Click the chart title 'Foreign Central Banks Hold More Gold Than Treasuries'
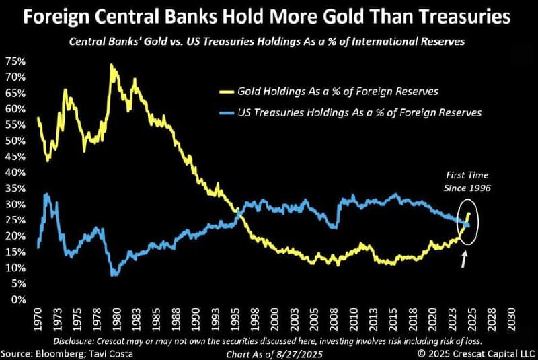[x=269, y=16]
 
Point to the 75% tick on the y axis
[x=16, y=61]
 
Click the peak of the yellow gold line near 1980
[x=111, y=65]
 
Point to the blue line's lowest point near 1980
[x=114, y=275]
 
